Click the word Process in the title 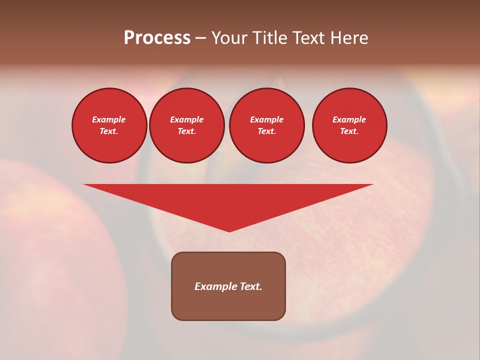point(157,38)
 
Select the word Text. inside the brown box point(251,286)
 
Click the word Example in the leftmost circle point(109,119)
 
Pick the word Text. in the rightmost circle point(349,131)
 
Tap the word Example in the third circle point(266,119)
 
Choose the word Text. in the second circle point(186,131)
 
